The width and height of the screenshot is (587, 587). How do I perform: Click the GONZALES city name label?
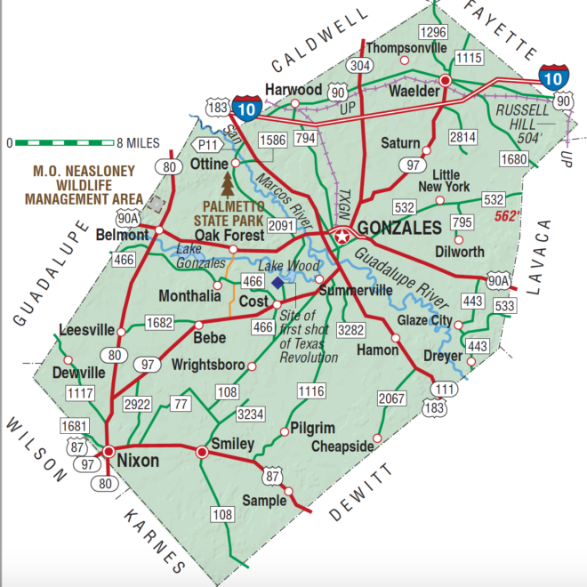pyautogui.click(x=399, y=228)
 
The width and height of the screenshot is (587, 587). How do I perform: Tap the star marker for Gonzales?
pyautogui.click(x=342, y=236)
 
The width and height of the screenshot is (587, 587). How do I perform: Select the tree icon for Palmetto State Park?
pyautogui.click(x=229, y=186)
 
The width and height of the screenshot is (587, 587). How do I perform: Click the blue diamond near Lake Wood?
pyautogui.click(x=278, y=282)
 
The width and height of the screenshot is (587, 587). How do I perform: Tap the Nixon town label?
pyautogui.click(x=138, y=461)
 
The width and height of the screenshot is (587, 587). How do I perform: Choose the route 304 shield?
pyautogui.click(x=360, y=65)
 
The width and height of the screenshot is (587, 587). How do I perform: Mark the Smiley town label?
pyautogui.click(x=232, y=443)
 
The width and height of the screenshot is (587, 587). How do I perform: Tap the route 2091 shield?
pyautogui.click(x=281, y=226)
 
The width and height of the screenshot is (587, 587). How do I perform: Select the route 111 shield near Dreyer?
pyautogui.click(x=444, y=390)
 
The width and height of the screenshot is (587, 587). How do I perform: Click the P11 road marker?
pyautogui.click(x=208, y=144)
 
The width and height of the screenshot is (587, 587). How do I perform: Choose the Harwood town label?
pyautogui.click(x=293, y=91)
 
